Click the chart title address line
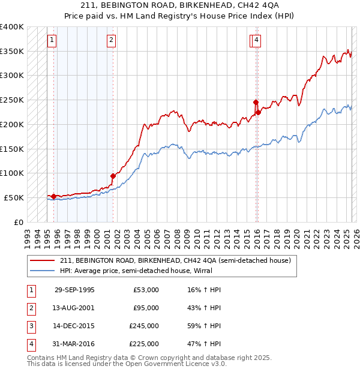[x=180, y=7]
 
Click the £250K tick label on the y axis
[x=12, y=100]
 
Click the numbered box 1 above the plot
[x=52, y=40]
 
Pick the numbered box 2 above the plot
[x=112, y=40]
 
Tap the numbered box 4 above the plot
[x=256, y=40]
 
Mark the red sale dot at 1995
[x=53, y=196]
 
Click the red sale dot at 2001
[x=112, y=176]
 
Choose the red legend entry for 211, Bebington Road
[x=175, y=260]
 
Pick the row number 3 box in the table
[x=30, y=326]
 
